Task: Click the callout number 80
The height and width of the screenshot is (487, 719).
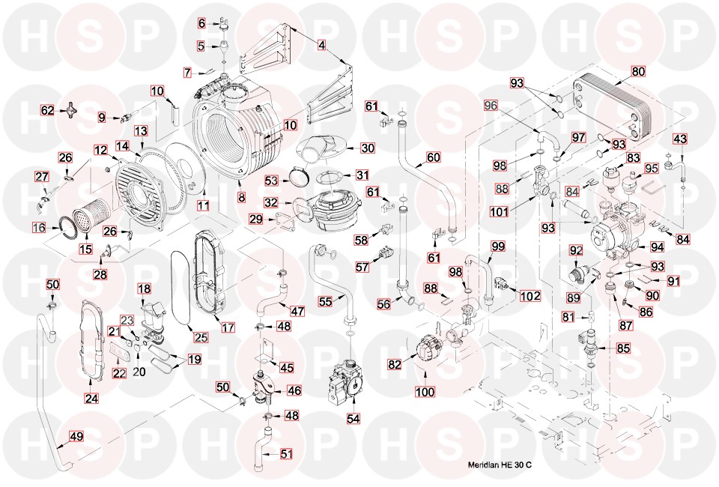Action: [637, 73]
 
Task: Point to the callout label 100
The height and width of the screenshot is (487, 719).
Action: [425, 392]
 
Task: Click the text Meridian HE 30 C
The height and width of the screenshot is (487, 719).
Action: [497, 466]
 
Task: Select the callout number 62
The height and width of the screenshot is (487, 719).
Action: [47, 110]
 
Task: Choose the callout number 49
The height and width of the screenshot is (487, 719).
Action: [76, 437]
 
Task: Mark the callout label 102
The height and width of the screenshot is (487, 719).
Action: [530, 295]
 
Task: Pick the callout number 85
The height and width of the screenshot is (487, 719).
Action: [622, 348]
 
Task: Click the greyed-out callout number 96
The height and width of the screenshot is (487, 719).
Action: [490, 106]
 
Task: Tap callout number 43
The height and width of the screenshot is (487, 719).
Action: [679, 139]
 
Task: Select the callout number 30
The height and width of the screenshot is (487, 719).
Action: [367, 148]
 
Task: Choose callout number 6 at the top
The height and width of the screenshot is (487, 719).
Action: [201, 23]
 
